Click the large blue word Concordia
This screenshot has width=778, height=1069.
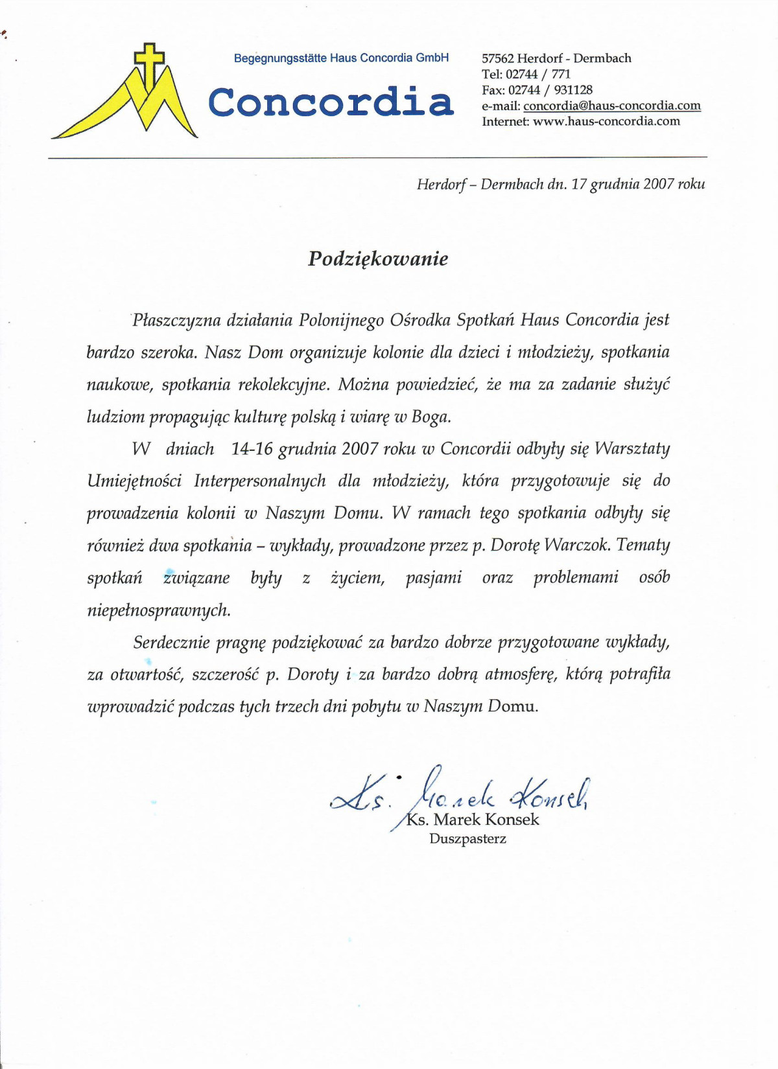click(331, 102)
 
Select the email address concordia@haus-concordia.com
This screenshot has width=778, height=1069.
click(611, 106)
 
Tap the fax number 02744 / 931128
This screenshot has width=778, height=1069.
click(550, 90)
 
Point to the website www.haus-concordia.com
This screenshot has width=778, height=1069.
click(606, 121)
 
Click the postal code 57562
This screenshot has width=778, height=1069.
click(498, 58)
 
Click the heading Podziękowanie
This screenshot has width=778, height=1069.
click(378, 259)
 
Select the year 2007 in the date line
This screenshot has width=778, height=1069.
click(659, 184)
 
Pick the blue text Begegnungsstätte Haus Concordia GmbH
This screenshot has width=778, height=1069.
click(341, 58)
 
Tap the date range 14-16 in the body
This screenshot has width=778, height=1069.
click(252, 449)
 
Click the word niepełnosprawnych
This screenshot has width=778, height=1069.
click(159, 610)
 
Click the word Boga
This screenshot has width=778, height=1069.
click(430, 417)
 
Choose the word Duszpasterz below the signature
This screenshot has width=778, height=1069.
click(467, 839)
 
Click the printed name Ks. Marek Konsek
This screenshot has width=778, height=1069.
click(473, 820)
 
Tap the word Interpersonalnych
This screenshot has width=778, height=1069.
click(259, 481)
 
